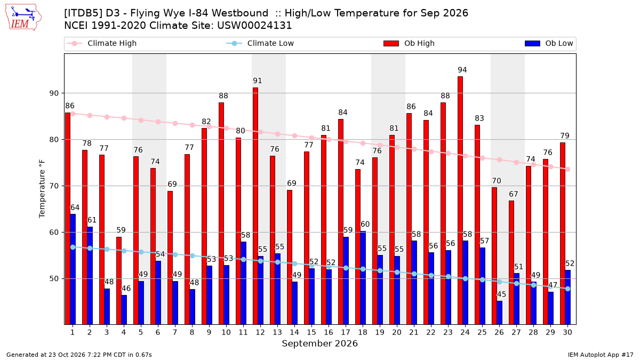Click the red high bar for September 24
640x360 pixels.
[x=460, y=201]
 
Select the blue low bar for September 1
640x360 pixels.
[x=73, y=269]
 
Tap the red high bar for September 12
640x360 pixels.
[x=255, y=206]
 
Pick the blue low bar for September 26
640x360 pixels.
[x=499, y=313]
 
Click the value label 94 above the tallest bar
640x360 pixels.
[x=462, y=70]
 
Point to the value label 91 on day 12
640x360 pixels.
[x=258, y=81]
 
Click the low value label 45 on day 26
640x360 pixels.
[x=501, y=294]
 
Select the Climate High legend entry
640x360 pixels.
[x=101, y=43]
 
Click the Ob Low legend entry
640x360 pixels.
[x=549, y=43]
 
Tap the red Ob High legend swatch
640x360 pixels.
[x=391, y=43]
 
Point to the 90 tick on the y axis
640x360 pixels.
[x=54, y=93]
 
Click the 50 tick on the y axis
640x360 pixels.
[x=54, y=278]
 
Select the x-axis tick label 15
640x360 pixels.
[x=311, y=332]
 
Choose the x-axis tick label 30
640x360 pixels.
[x=567, y=332]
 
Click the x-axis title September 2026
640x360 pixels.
[x=319, y=343]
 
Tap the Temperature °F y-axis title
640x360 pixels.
[x=42, y=189]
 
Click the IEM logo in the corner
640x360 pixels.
[x=23, y=18]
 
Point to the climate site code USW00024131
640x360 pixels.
[x=254, y=26]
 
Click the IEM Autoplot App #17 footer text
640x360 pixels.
[x=601, y=355]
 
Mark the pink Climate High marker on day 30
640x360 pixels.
[x=567, y=170]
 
